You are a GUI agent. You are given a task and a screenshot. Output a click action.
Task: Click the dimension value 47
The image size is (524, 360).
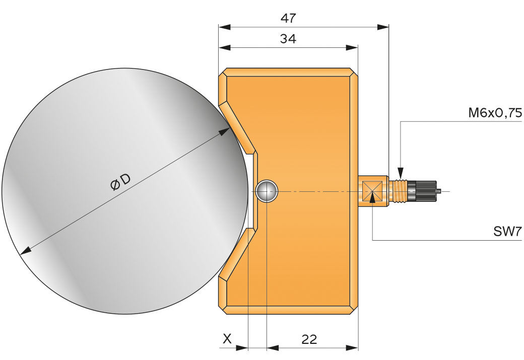point(288,18)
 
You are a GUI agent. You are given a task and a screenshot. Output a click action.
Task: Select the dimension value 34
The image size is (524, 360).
point(288,39)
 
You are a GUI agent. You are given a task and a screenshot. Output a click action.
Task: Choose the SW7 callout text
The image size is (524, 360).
point(508,232)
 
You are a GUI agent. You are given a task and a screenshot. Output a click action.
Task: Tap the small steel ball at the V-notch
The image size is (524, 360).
point(266,191)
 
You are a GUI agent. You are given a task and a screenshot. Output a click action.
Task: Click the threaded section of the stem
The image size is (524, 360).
point(398,190)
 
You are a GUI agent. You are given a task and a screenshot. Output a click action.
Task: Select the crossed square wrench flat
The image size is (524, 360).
point(372,191)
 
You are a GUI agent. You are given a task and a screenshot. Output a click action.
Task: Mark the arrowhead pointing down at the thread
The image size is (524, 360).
point(400,172)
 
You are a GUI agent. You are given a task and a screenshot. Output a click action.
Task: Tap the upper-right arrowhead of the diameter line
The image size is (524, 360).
point(225,132)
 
